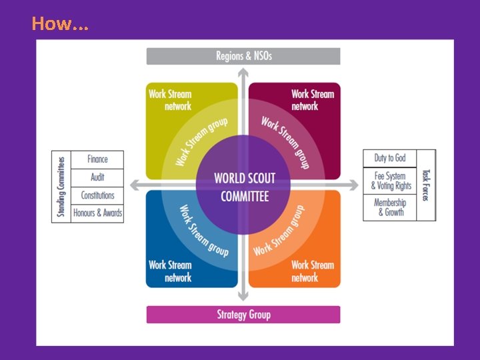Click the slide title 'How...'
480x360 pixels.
59,24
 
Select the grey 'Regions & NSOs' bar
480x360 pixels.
243,56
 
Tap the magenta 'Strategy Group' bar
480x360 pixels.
243,315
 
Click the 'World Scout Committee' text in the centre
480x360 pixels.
244,187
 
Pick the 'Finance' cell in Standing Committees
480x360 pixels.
97,159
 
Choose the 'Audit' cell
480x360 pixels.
97,177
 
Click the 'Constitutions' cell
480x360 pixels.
97,195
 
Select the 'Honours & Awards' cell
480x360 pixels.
97,213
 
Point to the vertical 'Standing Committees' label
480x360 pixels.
61,187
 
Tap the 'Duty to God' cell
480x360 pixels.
389,158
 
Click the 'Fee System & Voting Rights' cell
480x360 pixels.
391,181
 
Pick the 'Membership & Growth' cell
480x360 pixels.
390,207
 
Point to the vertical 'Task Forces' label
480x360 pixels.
425,185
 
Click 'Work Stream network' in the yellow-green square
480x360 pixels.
170,100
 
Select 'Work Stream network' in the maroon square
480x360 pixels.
313,100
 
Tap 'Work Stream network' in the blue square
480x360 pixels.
170,271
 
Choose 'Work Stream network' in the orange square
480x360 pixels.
313,271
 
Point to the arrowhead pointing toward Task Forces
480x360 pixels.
353,185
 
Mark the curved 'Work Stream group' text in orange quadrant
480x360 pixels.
279,231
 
